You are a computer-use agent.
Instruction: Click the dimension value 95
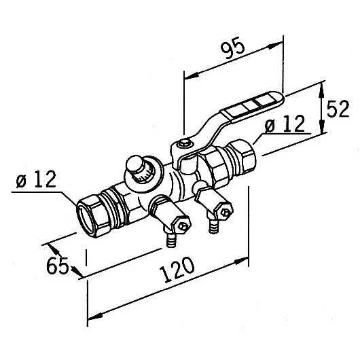tap(232, 48)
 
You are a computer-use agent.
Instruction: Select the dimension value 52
tap(338, 109)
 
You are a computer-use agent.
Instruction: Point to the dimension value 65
tap(58, 266)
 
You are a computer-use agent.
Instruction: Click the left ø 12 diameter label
tap(36, 179)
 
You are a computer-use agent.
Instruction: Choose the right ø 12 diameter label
tap(285, 124)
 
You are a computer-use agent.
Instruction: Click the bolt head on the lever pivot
tap(183, 143)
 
